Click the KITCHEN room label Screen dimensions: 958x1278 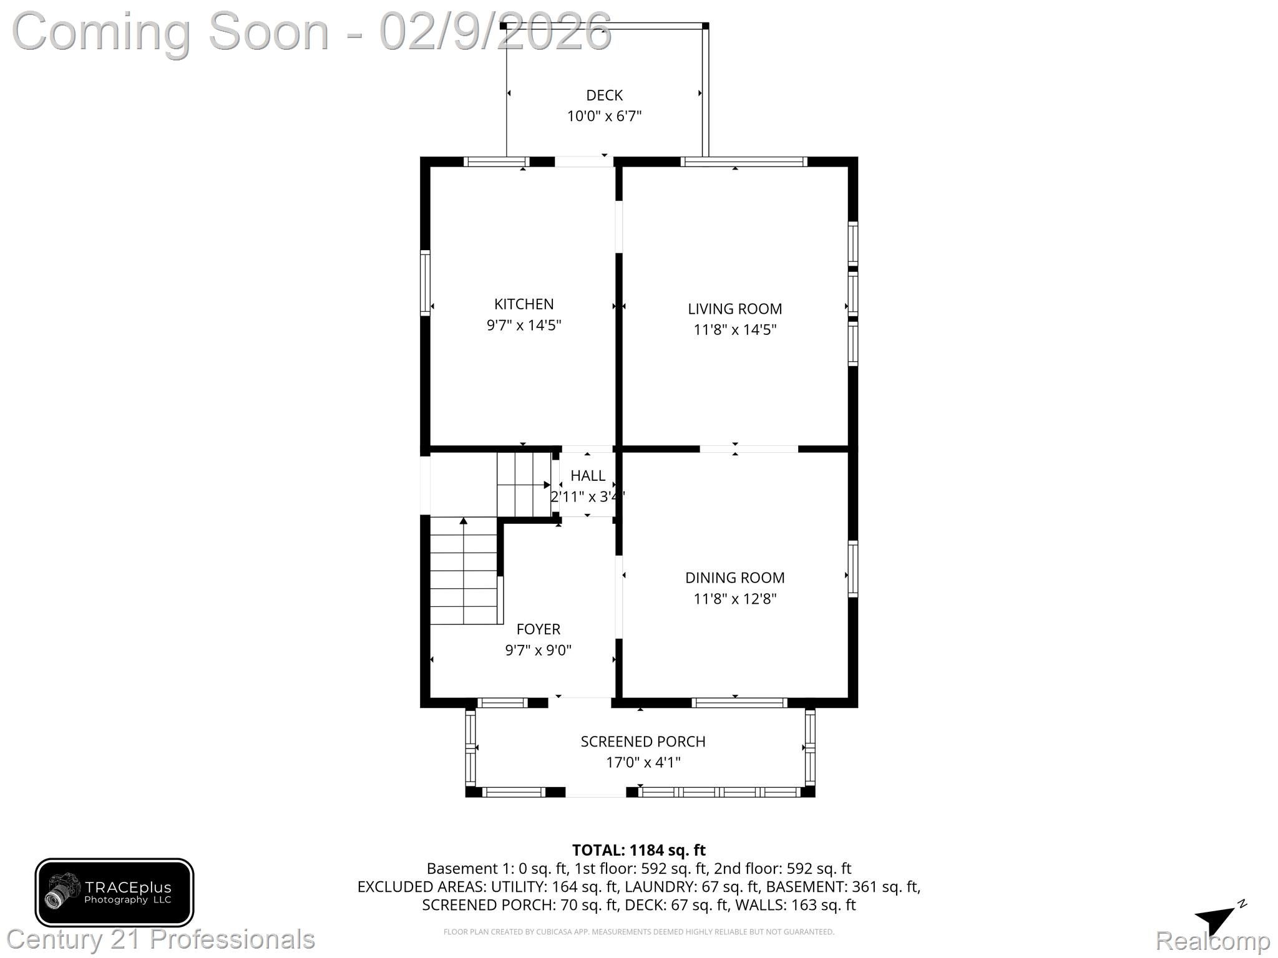coord(524,304)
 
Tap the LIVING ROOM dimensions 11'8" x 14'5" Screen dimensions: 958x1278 coord(734,329)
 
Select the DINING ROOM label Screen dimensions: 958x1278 coord(734,578)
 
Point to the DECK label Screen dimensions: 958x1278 coord(604,95)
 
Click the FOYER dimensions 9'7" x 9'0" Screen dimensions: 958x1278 coord(538,650)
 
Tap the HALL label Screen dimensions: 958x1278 coord(587,475)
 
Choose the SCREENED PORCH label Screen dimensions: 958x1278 coord(643,741)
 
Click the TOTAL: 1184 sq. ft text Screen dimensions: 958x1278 coord(638,850)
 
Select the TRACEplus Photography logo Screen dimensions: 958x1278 coord(114,892)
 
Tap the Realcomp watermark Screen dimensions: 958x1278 coord(1212,941)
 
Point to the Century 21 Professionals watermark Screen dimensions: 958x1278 coord(161,939)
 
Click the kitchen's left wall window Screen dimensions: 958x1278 coord(425,283)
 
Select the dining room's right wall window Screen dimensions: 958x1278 coord(852,569)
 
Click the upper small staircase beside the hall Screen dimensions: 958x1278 coord(523,485)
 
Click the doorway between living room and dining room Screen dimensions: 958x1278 coord(748,448)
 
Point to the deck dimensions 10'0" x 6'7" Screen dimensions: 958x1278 coord(604,116)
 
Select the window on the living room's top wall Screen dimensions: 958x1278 coord(743,162)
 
